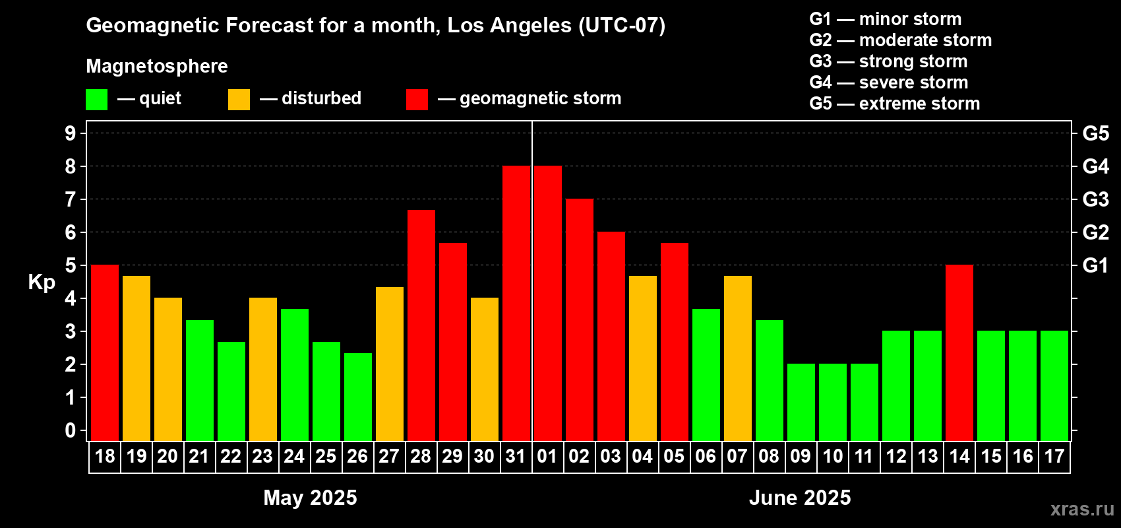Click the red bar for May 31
pos(516,303)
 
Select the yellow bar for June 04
pos(643,358)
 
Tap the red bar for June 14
pos(960,352)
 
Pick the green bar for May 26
pos(358,397)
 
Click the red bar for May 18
pos(105,352)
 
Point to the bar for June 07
pos(738,358)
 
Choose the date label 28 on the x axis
pos(421,456)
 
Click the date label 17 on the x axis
pos(1054,456)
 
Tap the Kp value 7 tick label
pos(70,199)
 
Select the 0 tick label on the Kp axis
pos(70,430)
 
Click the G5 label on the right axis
pos(1096,133)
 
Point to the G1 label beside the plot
pos(1096,265)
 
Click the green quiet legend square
pos(96,99)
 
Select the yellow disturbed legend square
pos(239,99)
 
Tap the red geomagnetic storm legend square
pos(417,99)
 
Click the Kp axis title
pos(42,282)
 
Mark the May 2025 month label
pos(311,498)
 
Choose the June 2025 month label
pos(800,498)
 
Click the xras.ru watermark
pos(1082,509)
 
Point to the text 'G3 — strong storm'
pos(888,61)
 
